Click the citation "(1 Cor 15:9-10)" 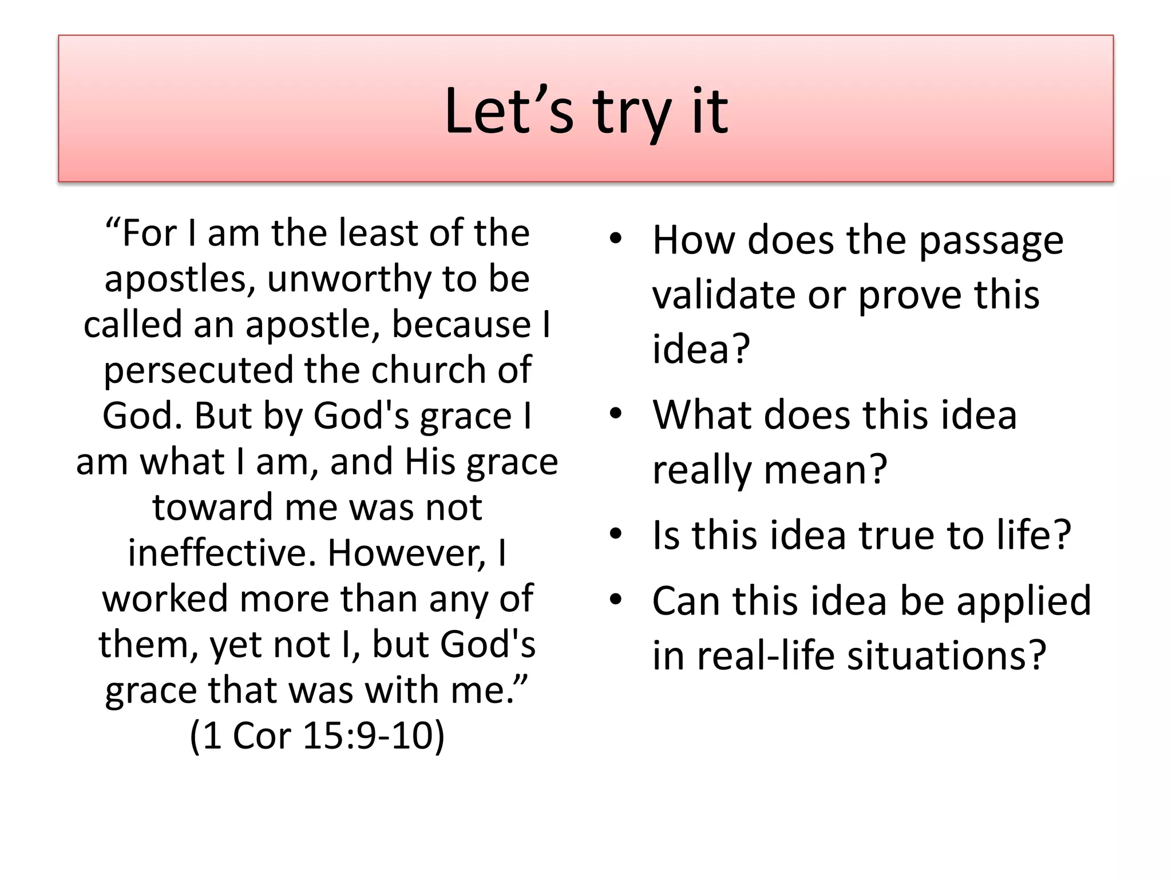point(317,735)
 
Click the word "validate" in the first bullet point(724,295)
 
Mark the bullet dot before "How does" point(615,239)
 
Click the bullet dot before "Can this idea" point(615,600)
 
